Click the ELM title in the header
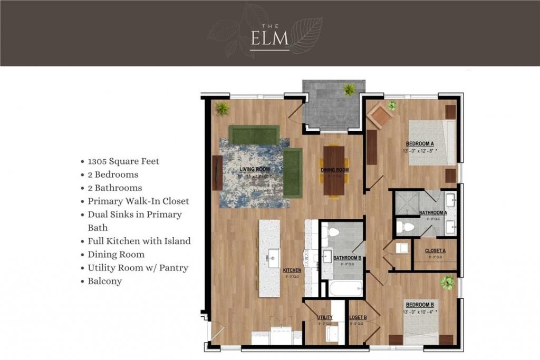269,39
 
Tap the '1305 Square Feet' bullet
123,161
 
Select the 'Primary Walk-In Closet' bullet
138,201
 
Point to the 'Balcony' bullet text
105,281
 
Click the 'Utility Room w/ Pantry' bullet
138,268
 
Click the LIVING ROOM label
255,169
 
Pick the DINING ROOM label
335,170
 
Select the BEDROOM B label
420,304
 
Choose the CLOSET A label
435,251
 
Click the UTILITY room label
325,317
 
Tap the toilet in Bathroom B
333,232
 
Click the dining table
334,170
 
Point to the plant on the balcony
349,89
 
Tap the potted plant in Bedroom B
447,283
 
